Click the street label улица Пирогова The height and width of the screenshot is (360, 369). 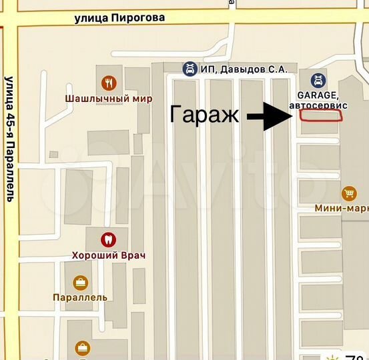click(119, 18)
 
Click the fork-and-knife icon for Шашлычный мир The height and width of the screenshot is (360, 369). click(107, 83)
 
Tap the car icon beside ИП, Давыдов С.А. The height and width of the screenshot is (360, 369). click(190, 68)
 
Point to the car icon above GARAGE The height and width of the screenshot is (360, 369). click(318, 80)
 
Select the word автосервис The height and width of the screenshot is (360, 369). click(318, 105)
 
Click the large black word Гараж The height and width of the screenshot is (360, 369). click(204, 115)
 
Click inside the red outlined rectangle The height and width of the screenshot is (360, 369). click(320, 115)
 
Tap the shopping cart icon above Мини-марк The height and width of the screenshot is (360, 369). click(348, 193)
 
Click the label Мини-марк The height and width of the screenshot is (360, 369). click(342, 208)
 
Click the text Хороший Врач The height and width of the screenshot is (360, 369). click(109, 255)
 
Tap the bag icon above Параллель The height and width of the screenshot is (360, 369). click(81, 282)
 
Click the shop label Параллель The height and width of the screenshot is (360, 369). click(80, 297)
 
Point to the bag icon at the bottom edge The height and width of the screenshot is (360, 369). click(83, 347)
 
